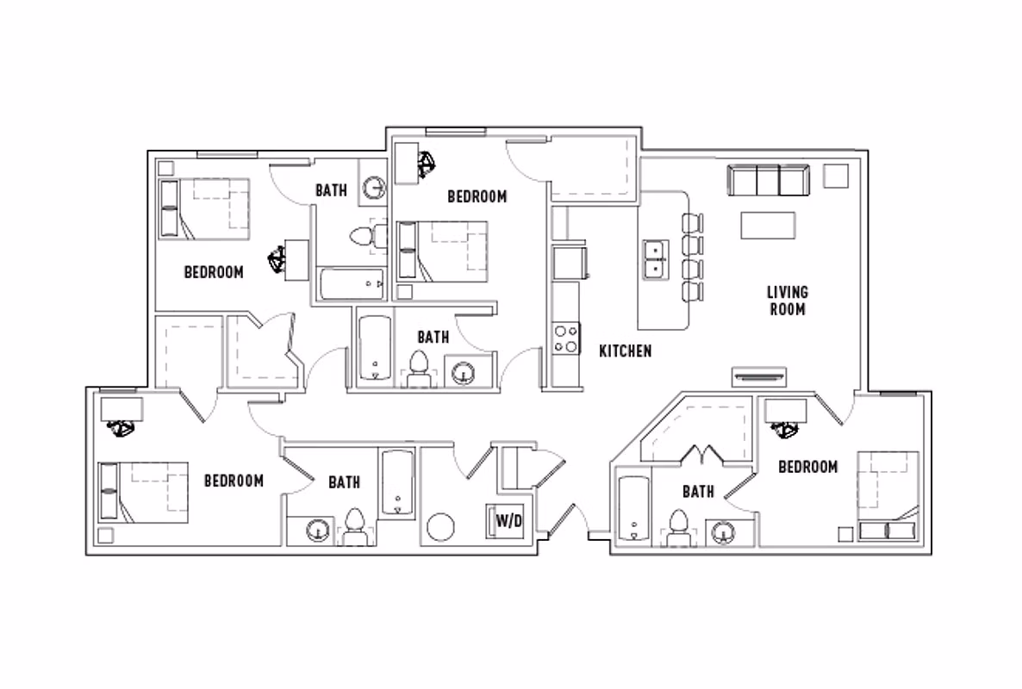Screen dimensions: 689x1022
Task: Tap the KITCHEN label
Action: [x=625, y=351]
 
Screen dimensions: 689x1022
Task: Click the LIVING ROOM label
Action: [x=787, y=301]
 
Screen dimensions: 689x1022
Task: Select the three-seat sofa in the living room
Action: [x=769, y=181]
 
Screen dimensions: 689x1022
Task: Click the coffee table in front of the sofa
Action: [x=768, y=226]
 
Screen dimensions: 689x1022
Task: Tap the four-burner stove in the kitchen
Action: [x=565, y=337]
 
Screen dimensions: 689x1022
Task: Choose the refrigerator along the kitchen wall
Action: [x=570, y=263]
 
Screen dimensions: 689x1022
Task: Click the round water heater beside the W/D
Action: [x=442, y=526]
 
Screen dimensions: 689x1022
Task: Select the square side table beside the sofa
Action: [x=835, y=176]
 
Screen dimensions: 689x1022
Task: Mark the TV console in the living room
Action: [x=758, y=376]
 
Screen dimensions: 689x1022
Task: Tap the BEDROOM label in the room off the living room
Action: [x=807, y=467]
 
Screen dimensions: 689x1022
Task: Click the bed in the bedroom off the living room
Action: [x=888, y=495]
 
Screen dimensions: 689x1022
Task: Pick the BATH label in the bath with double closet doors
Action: [x=697, y=492]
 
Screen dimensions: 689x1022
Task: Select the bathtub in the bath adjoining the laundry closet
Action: [x=397, y=483]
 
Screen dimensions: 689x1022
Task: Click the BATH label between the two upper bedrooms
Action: [x=331, y=190]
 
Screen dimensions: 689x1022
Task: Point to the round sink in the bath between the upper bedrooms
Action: [x=373, y=188]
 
